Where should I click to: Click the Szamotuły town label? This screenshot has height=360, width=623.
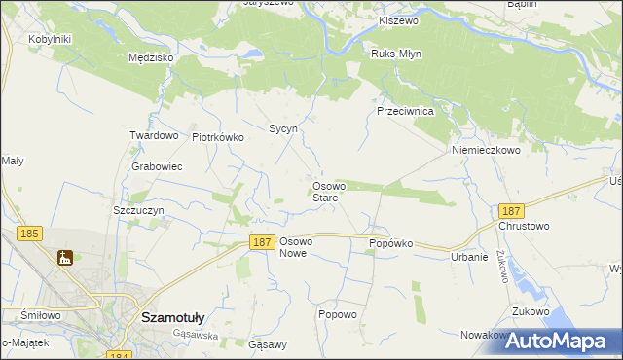tap(172, 316)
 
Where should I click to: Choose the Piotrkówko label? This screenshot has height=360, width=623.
tap(217, 137)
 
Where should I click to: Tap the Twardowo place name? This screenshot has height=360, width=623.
tap(154, 136)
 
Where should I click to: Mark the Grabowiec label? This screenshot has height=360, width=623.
tap(157, 166)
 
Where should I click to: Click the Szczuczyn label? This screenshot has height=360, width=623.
tap(138, 210)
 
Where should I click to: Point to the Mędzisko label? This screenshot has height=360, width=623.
tap(151, 57)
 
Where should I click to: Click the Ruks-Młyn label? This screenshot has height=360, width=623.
tap(397, 54)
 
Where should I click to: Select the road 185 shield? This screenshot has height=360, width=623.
tap(28, 234)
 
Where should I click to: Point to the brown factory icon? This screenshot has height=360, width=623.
tap(65, 258)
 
